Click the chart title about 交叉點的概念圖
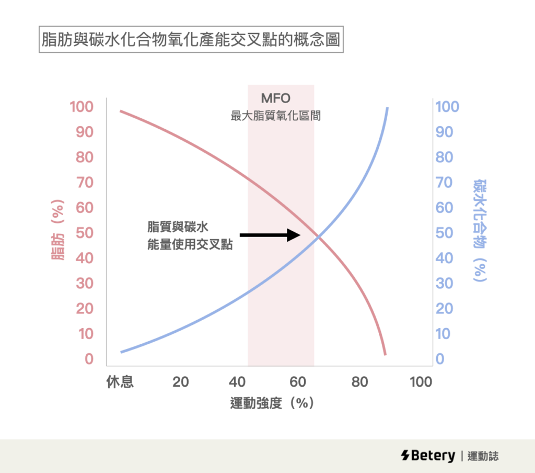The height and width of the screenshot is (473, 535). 191,40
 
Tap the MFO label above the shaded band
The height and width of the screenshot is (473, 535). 275,98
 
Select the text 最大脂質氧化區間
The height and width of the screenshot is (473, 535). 275,116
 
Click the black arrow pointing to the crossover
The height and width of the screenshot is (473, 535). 270,235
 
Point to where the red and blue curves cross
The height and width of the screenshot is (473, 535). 318,238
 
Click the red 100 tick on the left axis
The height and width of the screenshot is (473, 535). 82,107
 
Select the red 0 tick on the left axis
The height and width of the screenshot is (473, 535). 89,359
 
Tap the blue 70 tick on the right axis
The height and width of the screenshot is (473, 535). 447,183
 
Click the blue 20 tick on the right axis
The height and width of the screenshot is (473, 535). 447,309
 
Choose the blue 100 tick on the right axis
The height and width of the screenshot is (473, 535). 447,107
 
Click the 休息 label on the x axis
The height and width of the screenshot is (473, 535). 120,382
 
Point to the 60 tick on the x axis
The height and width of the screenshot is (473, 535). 297,382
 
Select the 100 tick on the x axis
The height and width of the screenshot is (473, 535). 421,382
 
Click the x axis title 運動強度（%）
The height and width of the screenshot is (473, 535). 272,403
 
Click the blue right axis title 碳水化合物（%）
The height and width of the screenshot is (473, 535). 479,230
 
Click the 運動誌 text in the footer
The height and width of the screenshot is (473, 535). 483,456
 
